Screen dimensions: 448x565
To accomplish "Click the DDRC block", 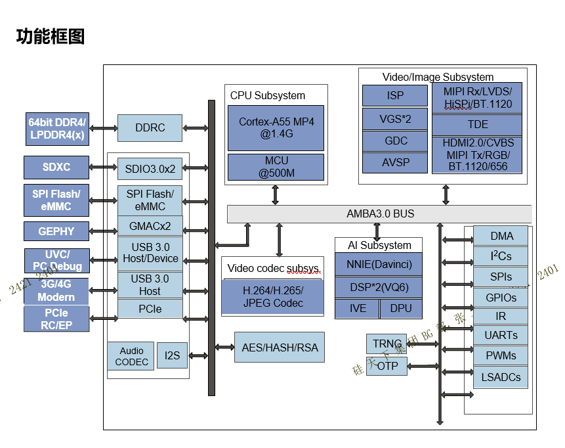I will (150, 128).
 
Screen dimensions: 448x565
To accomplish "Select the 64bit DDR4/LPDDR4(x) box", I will (56, 129).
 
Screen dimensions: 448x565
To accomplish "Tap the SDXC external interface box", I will (56, 167).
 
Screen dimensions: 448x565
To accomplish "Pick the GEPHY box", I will (56, 231).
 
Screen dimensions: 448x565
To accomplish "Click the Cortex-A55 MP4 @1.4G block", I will (276, 127).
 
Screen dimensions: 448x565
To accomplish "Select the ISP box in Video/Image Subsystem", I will (395, 95).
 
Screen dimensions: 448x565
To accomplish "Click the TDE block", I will (477, 124).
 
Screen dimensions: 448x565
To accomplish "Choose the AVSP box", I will (395, 162).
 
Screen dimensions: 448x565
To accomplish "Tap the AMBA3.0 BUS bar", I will (379, 214).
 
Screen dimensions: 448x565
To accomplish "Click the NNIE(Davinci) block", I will (377, 265).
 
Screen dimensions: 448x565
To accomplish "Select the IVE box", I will (357, 308).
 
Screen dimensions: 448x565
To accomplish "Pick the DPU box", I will (400, 308).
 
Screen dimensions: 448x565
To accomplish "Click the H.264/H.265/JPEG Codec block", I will (272, 297).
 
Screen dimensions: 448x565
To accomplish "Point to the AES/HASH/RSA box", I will (280, 347).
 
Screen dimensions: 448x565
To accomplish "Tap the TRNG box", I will (387, 344).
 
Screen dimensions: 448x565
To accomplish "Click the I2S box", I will (172, 355).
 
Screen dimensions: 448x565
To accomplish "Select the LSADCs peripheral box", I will (501, 377).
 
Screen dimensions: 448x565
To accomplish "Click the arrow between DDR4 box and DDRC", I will (103, 128).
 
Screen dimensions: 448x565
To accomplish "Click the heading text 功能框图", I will (51, 36).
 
